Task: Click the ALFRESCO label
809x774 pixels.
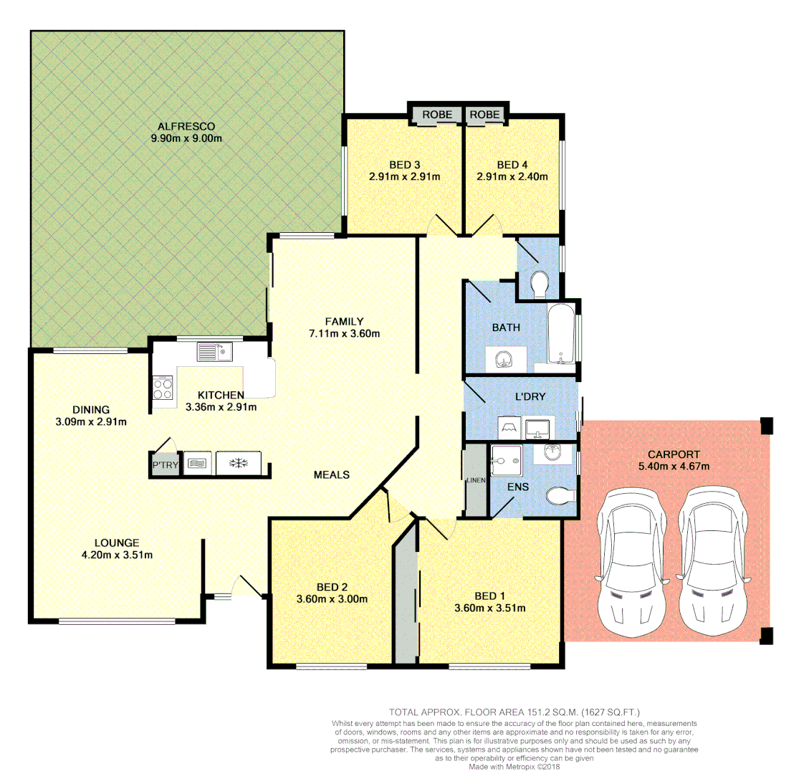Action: [x=186, y=127]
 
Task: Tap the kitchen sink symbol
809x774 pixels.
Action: [x=215, y=352]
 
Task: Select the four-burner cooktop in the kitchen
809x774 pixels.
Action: [x=163, y=388]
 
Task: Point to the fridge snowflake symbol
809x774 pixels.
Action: [x=237, y=464]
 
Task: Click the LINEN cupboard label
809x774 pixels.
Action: [x=474, y=480]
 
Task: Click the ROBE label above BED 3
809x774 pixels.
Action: [x=437, y=115]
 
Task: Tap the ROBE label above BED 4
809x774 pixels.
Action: [x=485, y=115]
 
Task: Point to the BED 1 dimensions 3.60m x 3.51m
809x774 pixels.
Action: [x=489, y=608]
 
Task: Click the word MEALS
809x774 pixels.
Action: [x=332, y=474]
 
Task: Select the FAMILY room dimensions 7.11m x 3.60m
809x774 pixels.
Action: [x=344, y=333]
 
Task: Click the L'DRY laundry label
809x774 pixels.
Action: [x=530, y=396]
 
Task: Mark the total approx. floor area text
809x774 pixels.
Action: [x=514, y=712]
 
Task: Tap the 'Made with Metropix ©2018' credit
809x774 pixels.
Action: [x=514, y=766]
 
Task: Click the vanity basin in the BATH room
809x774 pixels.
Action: [x=506, y=360]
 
